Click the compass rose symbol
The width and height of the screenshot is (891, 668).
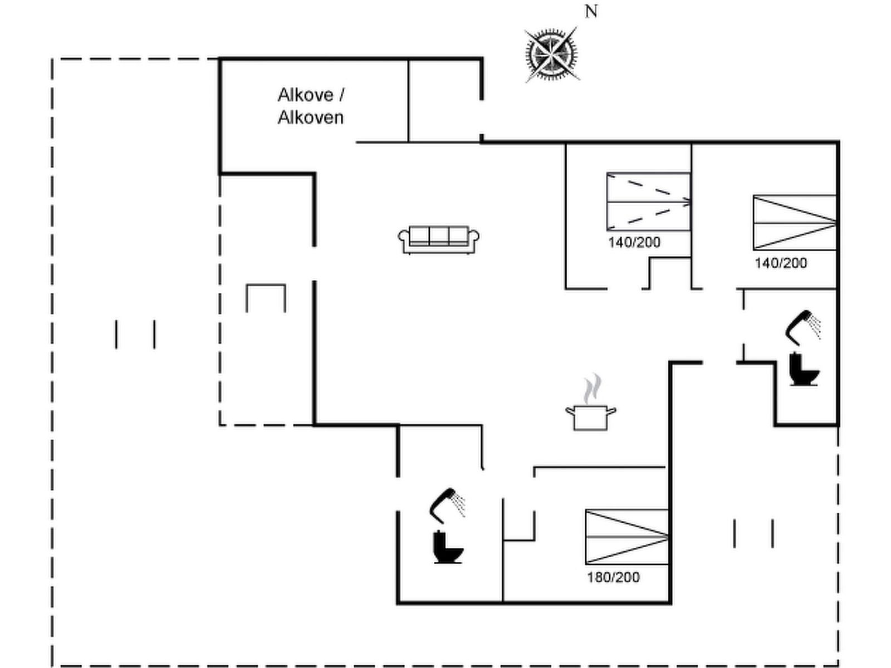551,54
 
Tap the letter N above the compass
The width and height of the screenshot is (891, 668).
591,11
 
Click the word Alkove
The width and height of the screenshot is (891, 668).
305,95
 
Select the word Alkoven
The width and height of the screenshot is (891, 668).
311,117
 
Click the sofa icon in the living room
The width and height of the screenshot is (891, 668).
438,240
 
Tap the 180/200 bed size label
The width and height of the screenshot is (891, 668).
613,577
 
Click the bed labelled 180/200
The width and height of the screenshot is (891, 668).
626,537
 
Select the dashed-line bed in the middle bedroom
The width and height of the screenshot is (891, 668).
648,202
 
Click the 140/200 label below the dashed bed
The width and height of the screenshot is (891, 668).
634,242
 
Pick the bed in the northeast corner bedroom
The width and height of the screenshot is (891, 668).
794,222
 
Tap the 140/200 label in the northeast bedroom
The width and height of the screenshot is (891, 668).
781,263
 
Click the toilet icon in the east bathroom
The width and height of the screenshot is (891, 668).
804,369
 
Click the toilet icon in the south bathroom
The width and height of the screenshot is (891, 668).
448,548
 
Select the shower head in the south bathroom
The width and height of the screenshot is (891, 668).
446,504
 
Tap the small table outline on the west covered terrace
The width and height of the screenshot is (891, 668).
266,298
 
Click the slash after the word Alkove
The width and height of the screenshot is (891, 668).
341,95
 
